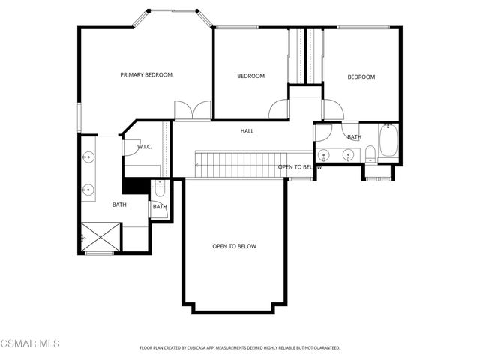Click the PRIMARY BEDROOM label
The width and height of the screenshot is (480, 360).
click(147, 75)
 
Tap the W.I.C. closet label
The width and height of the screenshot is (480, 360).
click(145, 146)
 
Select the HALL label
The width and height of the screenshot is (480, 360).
click(247, 131)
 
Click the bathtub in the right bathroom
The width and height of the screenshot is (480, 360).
click(388, 140)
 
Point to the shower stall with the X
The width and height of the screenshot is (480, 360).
click(100, 236)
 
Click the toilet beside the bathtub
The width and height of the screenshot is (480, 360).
click(370, 154)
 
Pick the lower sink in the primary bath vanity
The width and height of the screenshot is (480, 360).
click(88, 189)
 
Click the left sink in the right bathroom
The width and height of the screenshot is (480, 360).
click(325, 155)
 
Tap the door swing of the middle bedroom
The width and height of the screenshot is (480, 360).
click(279, 109)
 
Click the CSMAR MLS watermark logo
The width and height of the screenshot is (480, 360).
click(30, 343)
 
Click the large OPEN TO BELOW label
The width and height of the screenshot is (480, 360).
click(234, 246)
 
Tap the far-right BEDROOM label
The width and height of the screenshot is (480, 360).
click(361, 76)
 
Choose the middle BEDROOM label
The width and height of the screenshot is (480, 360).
click(250, 76)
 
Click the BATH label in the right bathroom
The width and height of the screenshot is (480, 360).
click(354, 137)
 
